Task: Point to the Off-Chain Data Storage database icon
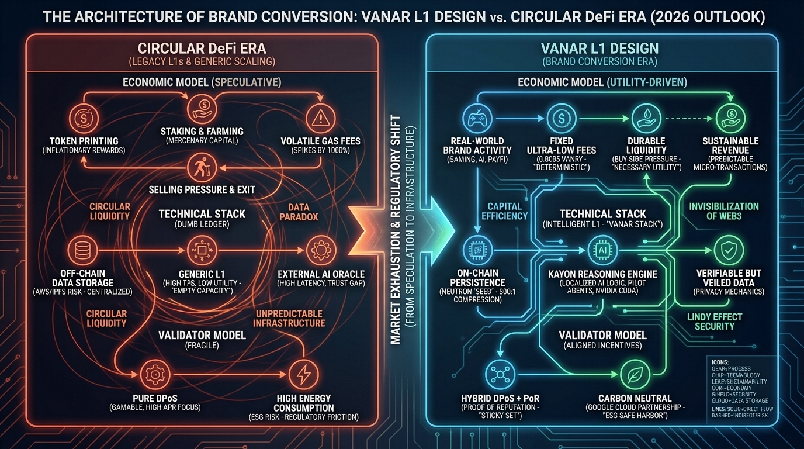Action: click(82, 250)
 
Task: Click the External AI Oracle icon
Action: click(321, 250)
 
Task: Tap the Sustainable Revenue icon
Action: click(730, 118)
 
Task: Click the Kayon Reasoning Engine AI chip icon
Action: click(602, 250)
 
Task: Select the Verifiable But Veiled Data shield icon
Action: click(729, 250)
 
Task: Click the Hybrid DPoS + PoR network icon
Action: click(501, 374)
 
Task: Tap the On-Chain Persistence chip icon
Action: click(476, 250)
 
